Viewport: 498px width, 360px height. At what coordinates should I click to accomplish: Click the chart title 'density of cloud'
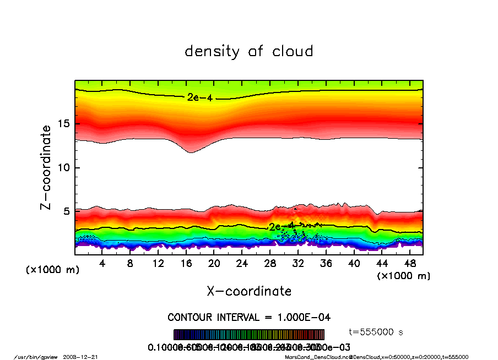(249, 52)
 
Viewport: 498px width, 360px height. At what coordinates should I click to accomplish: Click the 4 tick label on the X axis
(102, 264)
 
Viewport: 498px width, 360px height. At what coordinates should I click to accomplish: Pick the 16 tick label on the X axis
(186, 264)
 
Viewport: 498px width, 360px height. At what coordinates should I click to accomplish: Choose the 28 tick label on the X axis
(270, 264)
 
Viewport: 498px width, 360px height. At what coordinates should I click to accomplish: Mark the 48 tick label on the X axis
(410, 264)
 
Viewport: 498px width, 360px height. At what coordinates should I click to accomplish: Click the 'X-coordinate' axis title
(249, 291)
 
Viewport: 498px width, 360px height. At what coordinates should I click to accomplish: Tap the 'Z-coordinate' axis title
(46, 167)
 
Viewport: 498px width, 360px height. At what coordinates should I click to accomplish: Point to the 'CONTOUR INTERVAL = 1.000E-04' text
(249, 318)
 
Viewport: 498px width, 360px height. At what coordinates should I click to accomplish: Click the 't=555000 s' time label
(377, 332)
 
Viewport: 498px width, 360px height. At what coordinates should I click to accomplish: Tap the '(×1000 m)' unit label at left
(48, 270)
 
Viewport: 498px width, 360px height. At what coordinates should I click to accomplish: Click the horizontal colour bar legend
(249, 334)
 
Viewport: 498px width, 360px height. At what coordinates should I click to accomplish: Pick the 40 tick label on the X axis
(354, 264)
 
